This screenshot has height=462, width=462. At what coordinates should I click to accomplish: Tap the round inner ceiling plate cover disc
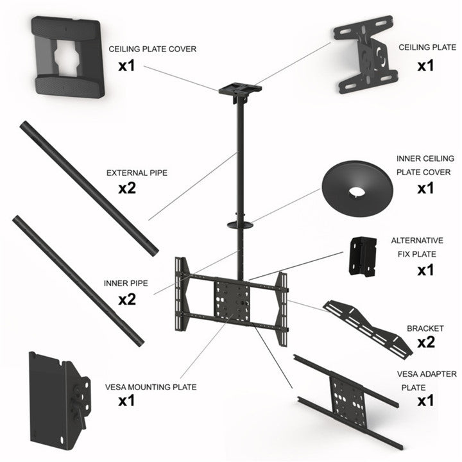point(361,187)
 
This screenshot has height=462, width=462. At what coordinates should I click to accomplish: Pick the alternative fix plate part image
point(363,257)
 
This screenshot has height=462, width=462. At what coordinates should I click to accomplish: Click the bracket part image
point(366,327)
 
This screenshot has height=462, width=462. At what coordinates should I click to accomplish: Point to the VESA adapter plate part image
point(346,398)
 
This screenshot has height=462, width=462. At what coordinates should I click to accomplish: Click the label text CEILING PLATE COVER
point(152,49)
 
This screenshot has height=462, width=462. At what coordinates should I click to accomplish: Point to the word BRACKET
point(425,329)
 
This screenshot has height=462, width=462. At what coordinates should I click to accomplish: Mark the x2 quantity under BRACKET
point(425,342)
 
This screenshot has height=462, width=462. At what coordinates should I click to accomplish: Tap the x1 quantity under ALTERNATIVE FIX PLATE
point(425,270)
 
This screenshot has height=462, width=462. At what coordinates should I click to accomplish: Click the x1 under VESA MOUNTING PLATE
point(126,402)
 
